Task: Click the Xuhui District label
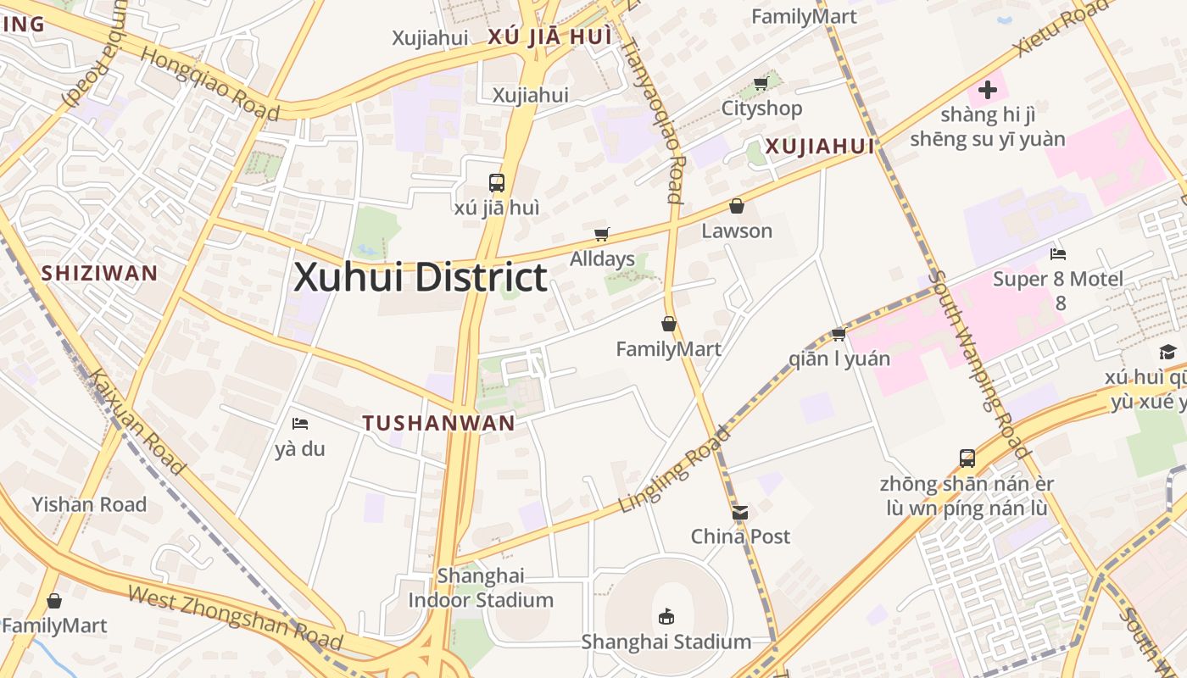click(x=420, y=278)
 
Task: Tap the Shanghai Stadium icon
click(x=666, y=616)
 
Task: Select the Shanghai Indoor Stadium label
click(x=481, y=588)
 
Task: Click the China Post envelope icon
click(x=740, y=513)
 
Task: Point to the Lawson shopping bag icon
click(x=737, y=206)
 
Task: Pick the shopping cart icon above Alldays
click(x=602, y=234)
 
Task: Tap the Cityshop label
click(x=761, y=108)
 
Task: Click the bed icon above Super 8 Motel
click(x=1057, y=254)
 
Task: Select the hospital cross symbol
click(x=987, y=89)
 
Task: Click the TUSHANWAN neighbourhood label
click(x=438, y=423)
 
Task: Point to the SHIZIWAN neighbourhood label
click(x=99, y=273)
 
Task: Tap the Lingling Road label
click(x=674, y=469)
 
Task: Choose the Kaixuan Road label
click(x=137, y=421)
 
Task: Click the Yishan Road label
click(x=89, y=504)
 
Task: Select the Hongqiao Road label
click(x=209, y=82)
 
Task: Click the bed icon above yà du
click(x=299, y=424)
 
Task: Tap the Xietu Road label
click(x=1061, y=26)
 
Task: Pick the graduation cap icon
click(x=1167, y=352)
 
